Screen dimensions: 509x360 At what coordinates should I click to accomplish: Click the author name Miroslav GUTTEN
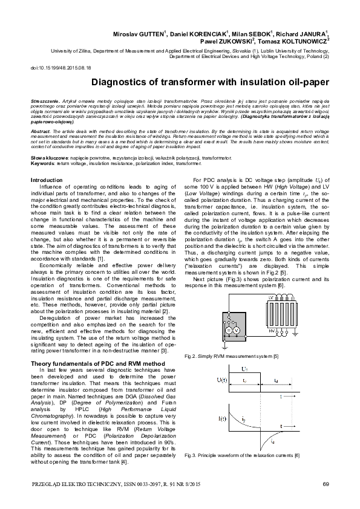coord(142,34)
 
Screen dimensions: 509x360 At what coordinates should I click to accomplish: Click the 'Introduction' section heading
coord(47,180)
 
